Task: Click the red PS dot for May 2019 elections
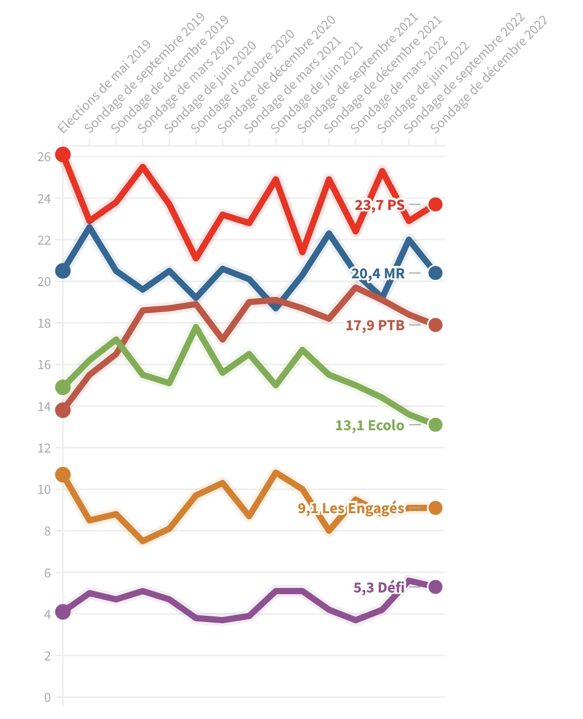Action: pos(63,154)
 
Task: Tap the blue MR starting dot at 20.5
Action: pos(63,271)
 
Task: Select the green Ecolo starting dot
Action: pos(63,387)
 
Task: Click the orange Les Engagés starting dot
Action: pos(63,474)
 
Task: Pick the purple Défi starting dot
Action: pos(63,612)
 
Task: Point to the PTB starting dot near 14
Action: pos(63,411)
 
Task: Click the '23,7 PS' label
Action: pos(379,205)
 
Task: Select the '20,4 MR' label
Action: pos(378,273)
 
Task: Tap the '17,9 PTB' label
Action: pos(375,326)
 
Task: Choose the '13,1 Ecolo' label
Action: pos(369,426)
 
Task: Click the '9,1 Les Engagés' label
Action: pos(351,508)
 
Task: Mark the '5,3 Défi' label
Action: pos(379,587)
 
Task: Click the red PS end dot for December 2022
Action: pos(435,204)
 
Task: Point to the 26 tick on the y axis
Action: pos(44,157)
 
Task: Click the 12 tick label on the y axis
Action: pos(44,448)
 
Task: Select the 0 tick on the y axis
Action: pos(47,697)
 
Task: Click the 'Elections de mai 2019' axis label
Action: pos(104,87)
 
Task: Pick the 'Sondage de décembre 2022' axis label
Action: pos(489,74)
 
